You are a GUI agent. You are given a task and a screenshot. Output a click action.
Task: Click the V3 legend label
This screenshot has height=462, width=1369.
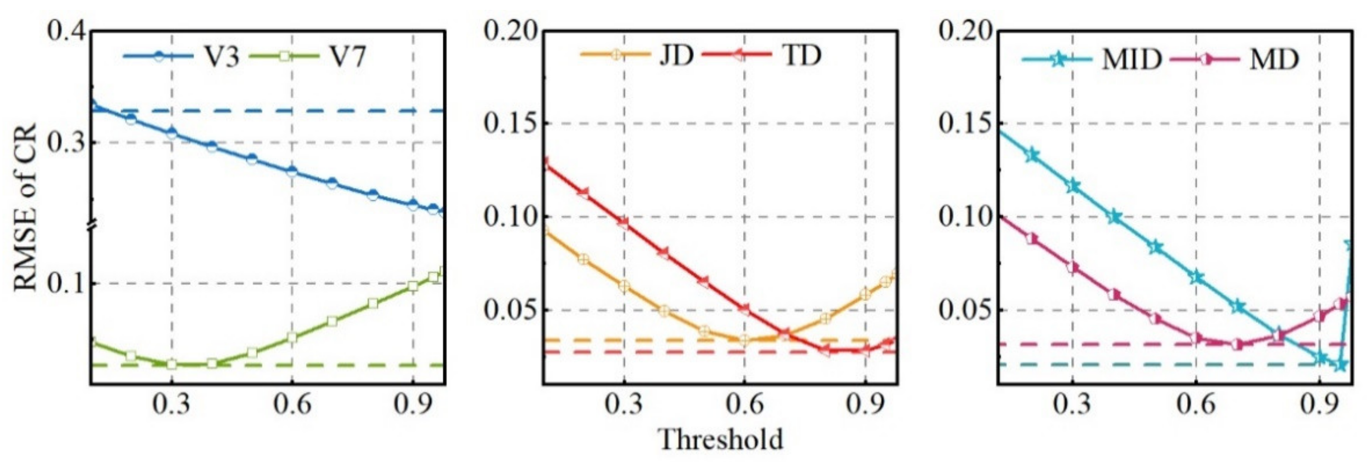tap(222, 56)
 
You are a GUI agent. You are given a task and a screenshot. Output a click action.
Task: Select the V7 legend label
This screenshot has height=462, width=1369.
tap(348, 56)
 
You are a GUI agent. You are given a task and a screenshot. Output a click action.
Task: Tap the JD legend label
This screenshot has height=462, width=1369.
tap(676, 55)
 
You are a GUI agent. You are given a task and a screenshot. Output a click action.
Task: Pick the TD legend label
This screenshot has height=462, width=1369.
tap(801, 55)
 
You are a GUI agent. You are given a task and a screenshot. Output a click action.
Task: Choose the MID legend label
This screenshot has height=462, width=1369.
tap(1131, 59)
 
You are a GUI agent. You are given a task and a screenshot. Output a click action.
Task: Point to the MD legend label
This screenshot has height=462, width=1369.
tap(1274, 59)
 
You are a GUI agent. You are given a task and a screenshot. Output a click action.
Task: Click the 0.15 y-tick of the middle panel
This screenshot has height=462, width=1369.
tap(509, 123)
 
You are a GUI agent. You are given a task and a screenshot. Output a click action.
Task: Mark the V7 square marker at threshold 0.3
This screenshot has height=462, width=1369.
tap(172, 364)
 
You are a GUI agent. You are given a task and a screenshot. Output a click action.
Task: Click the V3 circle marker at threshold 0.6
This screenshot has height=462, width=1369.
tap(292, 171)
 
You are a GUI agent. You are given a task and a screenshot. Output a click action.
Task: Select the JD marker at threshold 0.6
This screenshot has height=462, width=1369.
tap(745, 340)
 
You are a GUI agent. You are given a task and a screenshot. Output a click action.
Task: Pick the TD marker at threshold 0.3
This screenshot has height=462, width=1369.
tap(624, 224)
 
